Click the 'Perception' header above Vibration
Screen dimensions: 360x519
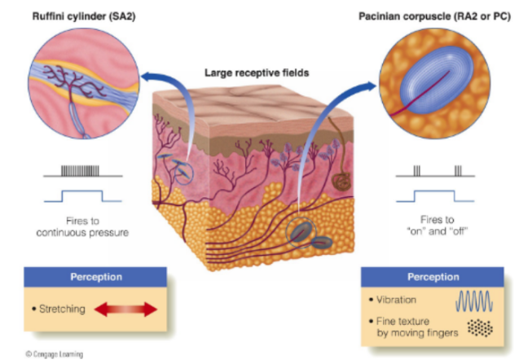pyautogui.click(x=433, y=277)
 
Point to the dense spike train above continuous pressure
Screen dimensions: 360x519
pyautogui.click(x=81, y=171)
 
